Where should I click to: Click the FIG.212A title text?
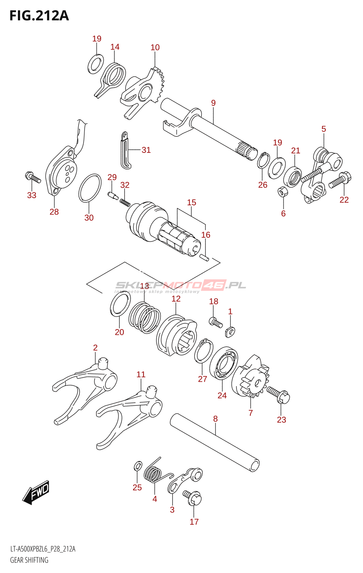coord(39,16)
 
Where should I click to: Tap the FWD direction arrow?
coord(36,492)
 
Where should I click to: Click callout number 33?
coord(32,195)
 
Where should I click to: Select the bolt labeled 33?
coord(33,177)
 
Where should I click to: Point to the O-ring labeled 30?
coord(90,188)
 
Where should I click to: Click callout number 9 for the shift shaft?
coord(213,103)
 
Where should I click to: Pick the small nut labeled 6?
coord(283,192)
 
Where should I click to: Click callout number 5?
coord(324,129)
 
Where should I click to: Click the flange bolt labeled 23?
coord(278,395)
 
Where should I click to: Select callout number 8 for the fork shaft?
coord(216,419)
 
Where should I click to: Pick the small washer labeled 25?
coord(138,466)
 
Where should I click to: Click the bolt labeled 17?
coord(192,498)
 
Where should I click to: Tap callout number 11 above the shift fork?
coord(141,375)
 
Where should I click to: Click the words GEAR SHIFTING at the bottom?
coord(29,560)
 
